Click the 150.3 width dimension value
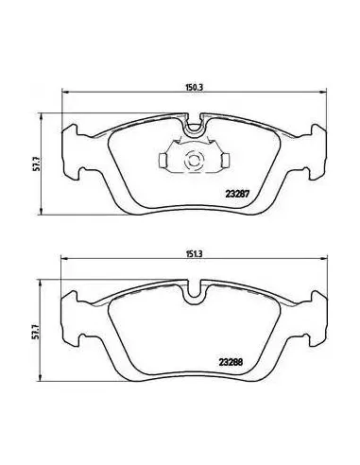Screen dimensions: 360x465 pos(194,87)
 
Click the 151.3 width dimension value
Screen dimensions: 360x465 pos(194,254)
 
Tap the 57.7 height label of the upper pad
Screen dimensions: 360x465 pos(37,164)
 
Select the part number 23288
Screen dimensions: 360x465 pos(231,362)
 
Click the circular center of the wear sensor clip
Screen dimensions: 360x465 pos(193,159)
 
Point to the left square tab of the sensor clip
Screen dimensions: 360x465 pos(163,161)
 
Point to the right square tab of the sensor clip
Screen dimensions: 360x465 pos(224,161)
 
